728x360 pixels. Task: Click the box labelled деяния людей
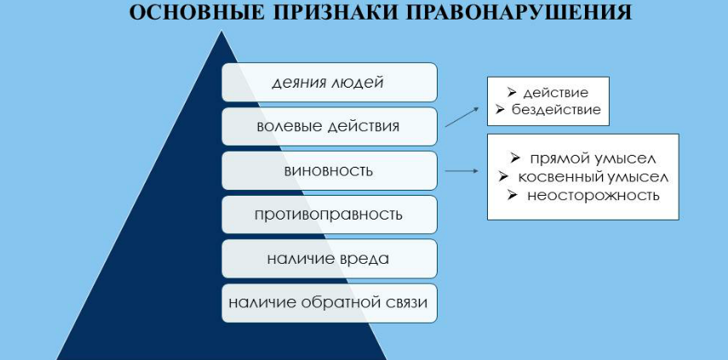click(330, 82)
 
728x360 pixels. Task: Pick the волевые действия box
click(330, 126)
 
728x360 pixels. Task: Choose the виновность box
click(330, 170)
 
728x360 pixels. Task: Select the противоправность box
click(330, 214)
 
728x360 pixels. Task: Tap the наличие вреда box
click(330, 259)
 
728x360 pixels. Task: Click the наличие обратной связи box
click(330, 303)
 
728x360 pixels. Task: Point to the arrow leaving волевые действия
click(461, 117)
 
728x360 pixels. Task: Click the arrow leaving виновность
click(461, 171)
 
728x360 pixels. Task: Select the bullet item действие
click(555, 92)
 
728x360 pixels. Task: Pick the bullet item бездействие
click(556, 110)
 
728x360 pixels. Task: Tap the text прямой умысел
click(593, 158)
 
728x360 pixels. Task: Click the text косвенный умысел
click(593, 177)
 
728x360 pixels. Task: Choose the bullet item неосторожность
click(593, 195)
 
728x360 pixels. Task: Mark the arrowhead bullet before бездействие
click(500, 110)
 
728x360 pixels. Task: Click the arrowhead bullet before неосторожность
click(513, 195)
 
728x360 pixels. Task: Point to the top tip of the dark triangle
click(222, 31)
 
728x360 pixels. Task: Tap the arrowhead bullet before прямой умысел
click(515, 158)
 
